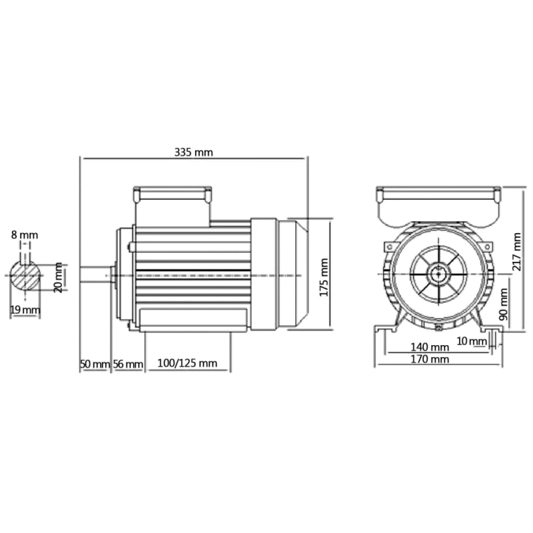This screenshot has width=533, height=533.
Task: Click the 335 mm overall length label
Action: coord(193,152)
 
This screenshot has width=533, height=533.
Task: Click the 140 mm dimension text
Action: coord(430,347)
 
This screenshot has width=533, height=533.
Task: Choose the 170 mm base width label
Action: coord(430,359)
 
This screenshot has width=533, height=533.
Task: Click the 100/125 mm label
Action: coord(187,364)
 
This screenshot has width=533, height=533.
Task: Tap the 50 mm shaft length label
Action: coord(94,364)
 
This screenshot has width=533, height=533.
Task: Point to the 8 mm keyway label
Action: coord(25,235)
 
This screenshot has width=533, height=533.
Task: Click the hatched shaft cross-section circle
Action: coord(26,274)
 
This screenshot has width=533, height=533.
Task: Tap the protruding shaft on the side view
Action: coord(96,274)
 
